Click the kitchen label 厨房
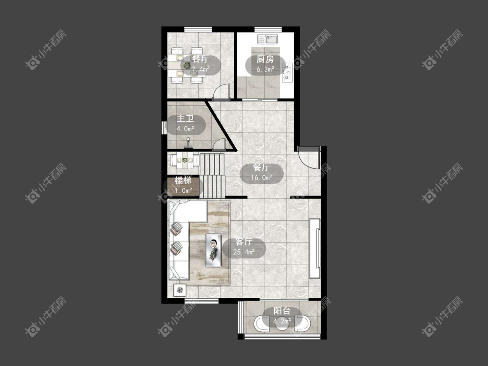coord(265,59)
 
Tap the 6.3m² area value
coord(265,69)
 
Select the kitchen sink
coord(268,39)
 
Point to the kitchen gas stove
coord(287,73)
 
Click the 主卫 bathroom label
coord(185,119)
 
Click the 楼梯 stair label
coord(183,180)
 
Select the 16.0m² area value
coord(262,178)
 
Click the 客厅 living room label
coord(244,242)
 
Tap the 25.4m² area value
coord(244,252)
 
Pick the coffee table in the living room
coord(213,250)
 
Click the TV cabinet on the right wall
coord(314,248)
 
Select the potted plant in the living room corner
coord(180,291)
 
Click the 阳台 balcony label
coord(282,311)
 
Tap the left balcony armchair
coord(262,324)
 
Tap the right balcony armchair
coord(302,324)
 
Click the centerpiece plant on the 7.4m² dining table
coord(187,65)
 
